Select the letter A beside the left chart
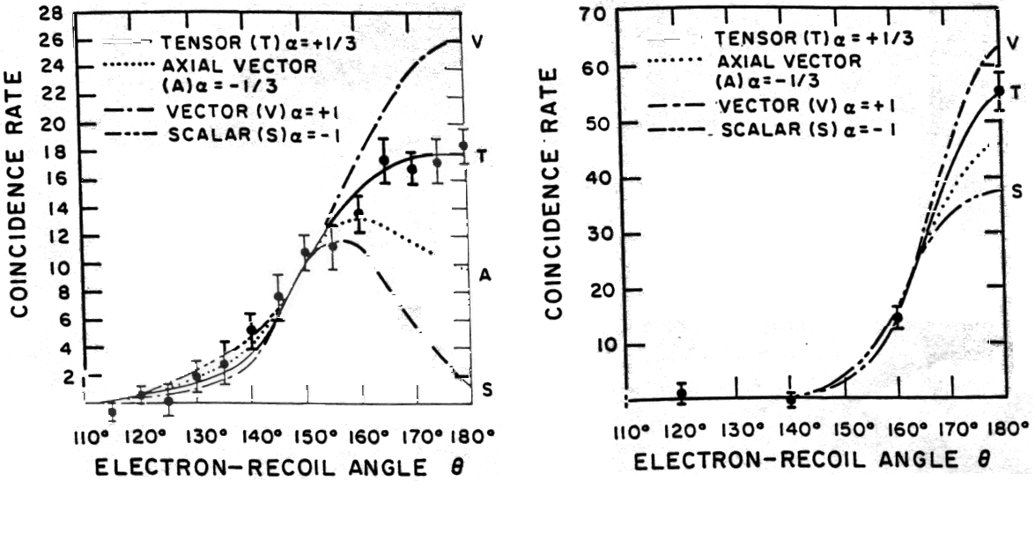pyautogui.click(x=484, y=276)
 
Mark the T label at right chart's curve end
pyautogui.click(x=1016, y=91)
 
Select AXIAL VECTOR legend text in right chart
pyautogui.click(x=777, y=61)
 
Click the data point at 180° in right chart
pyautogui.click(x=999, y=91)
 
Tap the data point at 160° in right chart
pyautogui.click(x=898, y=318)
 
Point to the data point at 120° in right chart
pyautogui.click(x=681, y=394)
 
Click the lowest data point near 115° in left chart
pyautogui.click(x=112, y=411)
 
